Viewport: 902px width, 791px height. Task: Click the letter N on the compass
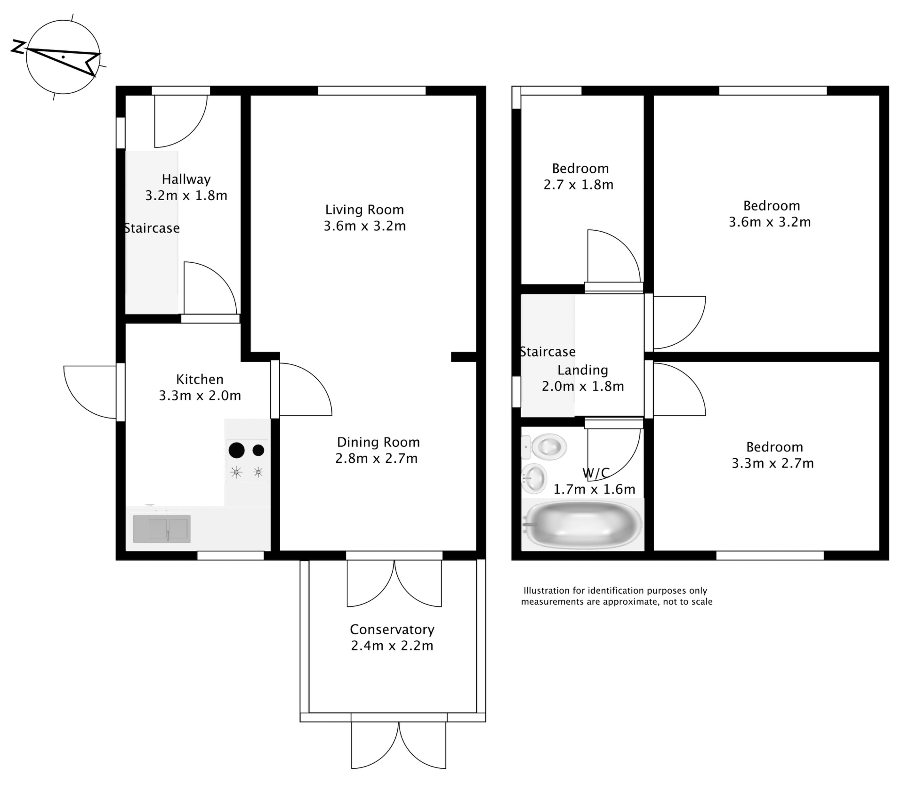[x=18, y=47]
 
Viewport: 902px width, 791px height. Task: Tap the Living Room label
[x=364, y=210]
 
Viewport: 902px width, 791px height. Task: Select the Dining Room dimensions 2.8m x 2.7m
[x=376, y=459]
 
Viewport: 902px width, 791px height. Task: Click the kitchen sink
[x=162, y=529]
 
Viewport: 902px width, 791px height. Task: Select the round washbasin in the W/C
[x=535, y=478]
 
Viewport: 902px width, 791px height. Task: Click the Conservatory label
[x=392, y=629]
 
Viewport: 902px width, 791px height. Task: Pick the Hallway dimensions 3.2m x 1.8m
[x=186, y=196]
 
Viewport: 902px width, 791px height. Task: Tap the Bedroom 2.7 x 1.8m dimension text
[x=578, y=185]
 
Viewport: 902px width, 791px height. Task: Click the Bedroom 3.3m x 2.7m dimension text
[x=773, y=464]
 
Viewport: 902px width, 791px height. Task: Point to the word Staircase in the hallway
[x=152, y=228]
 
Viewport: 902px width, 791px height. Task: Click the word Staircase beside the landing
[x=548, y=352]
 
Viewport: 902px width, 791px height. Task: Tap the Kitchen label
[x=200, y=379]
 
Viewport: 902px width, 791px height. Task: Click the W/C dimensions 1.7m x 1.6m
[x=594, y=489]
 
